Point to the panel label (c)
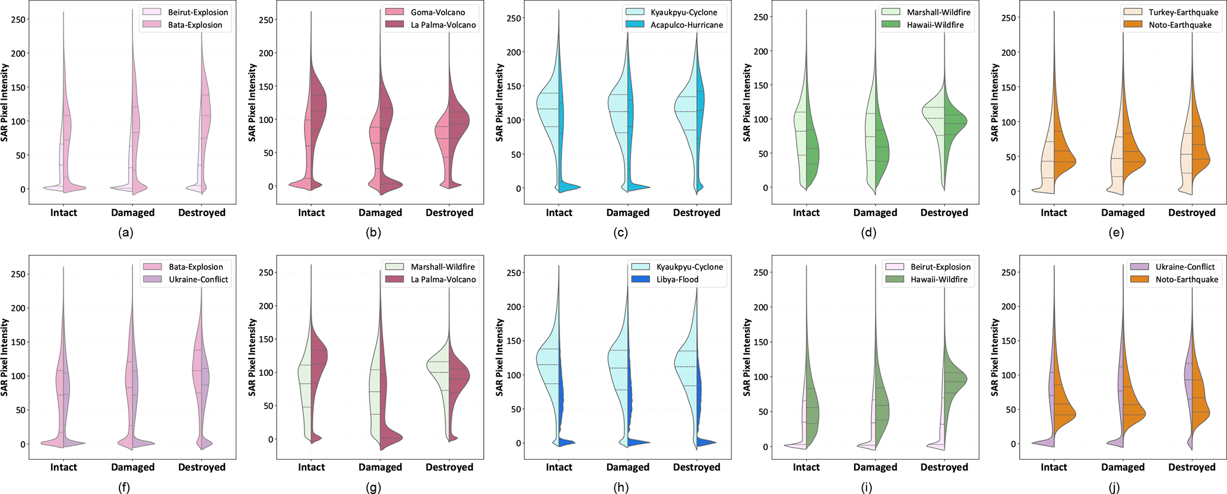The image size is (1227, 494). pos(621,233)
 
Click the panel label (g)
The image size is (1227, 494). pos(373,488)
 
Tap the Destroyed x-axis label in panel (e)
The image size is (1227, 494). pos(1192,213)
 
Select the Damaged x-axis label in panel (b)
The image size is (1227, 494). pos(381,213)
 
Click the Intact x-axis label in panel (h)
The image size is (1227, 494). pos(559,467)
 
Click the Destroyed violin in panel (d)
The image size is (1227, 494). pos(944,119)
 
